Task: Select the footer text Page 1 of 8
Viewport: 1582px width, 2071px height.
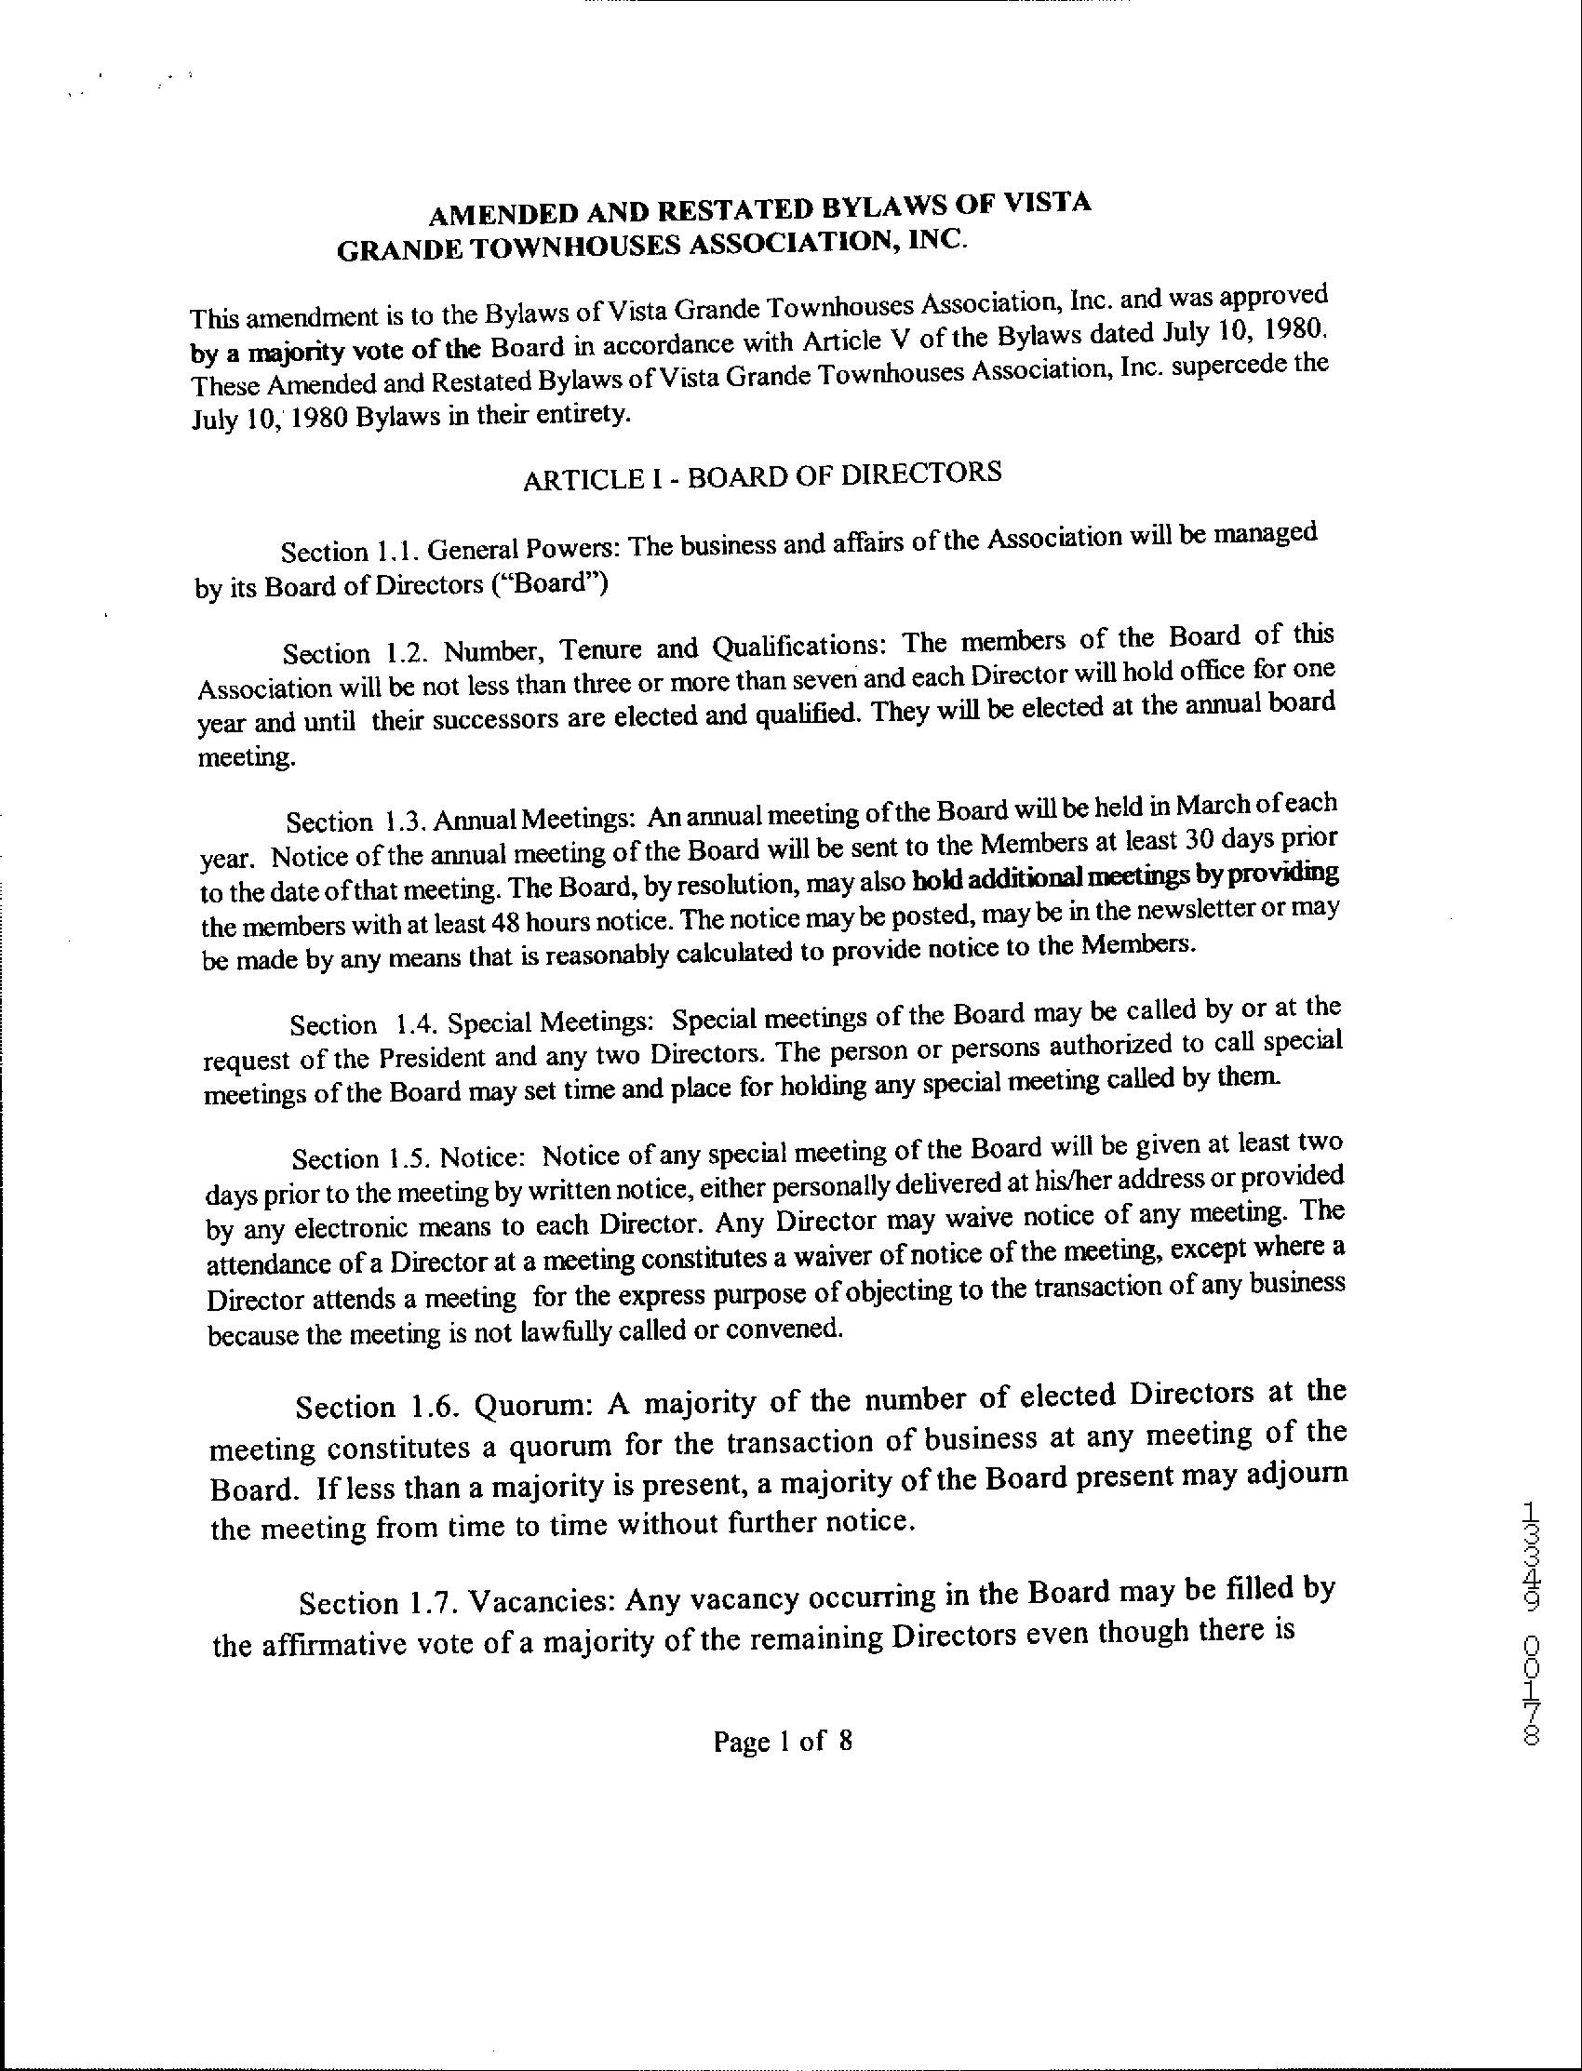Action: coord(783,1741)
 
